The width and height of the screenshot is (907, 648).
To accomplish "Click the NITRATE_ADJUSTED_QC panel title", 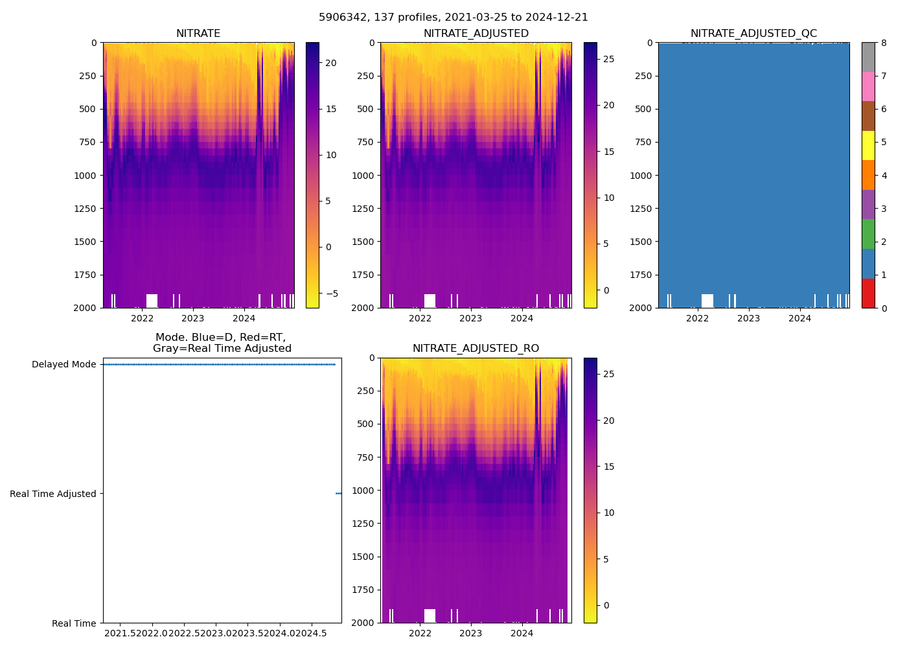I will (x=753, y=34).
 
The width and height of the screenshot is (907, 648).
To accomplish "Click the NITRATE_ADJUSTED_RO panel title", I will (x=476, y=349).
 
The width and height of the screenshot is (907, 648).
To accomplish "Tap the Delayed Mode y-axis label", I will (x=63, y=364).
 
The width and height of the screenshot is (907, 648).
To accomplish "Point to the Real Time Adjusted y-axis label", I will (x=53, y=494).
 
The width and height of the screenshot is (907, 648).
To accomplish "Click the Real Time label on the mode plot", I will (x=74, y=623).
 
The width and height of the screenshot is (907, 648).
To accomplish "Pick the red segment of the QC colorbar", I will (x=868, y=293).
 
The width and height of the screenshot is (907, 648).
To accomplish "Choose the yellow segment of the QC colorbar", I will (x=868, y=145).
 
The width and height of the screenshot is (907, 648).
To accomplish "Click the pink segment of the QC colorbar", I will (x=868, y=86).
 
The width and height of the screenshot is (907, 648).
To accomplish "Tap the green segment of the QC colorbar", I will (x=868, y=234).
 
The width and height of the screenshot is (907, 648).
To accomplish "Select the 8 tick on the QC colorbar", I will (x=884, y=43).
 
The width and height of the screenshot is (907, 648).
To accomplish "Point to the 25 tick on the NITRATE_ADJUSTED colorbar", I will (x=609, y=59).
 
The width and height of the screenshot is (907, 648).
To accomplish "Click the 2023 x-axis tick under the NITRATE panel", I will (x=193, y=318).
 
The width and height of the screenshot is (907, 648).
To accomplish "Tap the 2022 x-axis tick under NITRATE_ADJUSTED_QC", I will (x=697, y=318).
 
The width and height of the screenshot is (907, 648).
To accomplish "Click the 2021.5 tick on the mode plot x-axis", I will (x=120, y=633).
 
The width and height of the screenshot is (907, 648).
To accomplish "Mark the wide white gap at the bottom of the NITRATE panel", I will (x=152, y=301).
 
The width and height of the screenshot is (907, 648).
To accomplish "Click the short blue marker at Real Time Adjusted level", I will (x=338, y=494).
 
